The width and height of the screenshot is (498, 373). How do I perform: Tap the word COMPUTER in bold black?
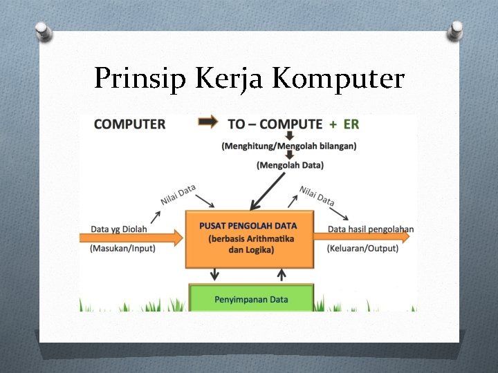coord(129,124)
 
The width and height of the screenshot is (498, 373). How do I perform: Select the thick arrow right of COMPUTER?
coord(207,123)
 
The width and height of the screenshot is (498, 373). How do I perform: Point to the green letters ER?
coord(351,124)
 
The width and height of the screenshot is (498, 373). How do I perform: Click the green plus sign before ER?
coord(333,124)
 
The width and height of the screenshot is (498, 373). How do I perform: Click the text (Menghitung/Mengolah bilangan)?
coord(289,146)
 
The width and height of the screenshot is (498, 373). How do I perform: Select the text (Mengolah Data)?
coord(290,165)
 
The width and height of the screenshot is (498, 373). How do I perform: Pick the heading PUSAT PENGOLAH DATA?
coord(248,225)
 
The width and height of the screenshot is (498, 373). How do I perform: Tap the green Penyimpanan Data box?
coord(250,298)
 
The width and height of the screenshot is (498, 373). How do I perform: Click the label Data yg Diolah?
coord(119,229)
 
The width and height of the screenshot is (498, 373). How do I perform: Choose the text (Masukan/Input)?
coord(123,249)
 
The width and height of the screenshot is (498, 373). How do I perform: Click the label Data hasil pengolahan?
coord(371,229)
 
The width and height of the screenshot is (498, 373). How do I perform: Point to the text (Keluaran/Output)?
coord(362,249)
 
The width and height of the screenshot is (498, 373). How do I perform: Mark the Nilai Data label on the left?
coord(178,195)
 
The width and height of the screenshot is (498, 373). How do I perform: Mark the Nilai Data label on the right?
coord(317,195)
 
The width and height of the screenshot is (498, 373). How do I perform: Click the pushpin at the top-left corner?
coord(43,30)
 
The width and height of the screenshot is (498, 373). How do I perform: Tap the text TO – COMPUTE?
coord(275,124)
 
